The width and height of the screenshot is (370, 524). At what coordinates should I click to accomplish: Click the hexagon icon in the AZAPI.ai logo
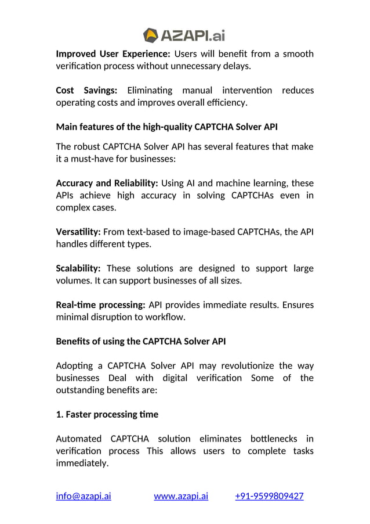pyautogui.click(x=150, y=35)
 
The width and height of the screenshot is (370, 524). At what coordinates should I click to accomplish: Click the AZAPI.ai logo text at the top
pyautogui.click(x=192, y=35)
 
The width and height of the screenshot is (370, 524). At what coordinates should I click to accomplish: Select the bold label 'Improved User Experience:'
pyautogui.click(x=113, y=54)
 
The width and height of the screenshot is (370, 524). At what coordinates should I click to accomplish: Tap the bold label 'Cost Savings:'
pyautogui.click(x=86, y=91)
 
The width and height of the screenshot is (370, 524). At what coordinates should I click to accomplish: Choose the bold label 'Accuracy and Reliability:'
pyautogui.click(x=107, y=183)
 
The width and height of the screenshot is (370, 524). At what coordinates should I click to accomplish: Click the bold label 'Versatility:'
pyautogui.click(x=78, y=232)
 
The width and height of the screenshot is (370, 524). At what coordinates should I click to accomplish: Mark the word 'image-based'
pyautogui.click(x=207, y=232)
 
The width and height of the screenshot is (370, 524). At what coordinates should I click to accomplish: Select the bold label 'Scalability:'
pyautogui.click(x=78, y=268)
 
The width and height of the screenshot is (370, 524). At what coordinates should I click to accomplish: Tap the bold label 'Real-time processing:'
pyautogui.click(x=100, y=305)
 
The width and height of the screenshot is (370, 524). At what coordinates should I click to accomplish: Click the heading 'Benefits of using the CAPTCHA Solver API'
pyautogui.click(x=141, y=342)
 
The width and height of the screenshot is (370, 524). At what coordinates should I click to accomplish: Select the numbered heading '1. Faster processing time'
pyautogui.click(x=107, y=415)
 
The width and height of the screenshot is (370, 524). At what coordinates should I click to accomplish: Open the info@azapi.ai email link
pyautogui.click(x=84, y=496)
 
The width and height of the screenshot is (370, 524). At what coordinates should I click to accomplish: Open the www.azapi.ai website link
pyautogui.click(x=181, y=496)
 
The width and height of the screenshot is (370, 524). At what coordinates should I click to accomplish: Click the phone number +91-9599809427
pyautogui.click(x=269, y=496)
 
